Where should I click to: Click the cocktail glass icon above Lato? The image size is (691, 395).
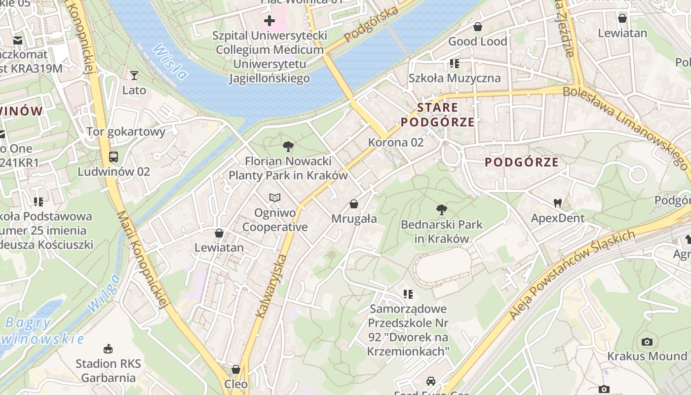(x=134, y=76)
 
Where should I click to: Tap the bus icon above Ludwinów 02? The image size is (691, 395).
(x=114, y=157)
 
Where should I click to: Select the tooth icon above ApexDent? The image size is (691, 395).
(x=558, y=203)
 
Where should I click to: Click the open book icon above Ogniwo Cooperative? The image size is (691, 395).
(x=275, y=198)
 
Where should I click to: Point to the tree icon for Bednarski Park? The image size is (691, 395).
(x=442, y=210)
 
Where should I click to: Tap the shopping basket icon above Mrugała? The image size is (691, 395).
(x=354, y=204)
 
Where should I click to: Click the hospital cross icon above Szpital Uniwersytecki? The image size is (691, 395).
(x=269, y=21)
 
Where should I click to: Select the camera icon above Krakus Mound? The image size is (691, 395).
(x=647, y=342)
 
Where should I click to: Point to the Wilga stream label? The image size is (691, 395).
(x=104, y=293)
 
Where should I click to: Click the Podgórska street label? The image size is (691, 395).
(x=371, y=25)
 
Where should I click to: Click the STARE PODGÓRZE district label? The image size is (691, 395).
(x=437, y=115)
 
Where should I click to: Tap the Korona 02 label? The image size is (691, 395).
(x=396, y=142)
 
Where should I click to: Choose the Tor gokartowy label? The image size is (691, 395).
(x=126, y=132)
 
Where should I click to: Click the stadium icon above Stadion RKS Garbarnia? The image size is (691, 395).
(x=108, y=349)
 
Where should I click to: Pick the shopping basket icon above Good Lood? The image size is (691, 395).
(x=477, y=27)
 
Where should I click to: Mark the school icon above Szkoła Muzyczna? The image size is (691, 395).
(x=454, y=64)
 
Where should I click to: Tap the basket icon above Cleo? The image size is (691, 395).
(x=236, y=369)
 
